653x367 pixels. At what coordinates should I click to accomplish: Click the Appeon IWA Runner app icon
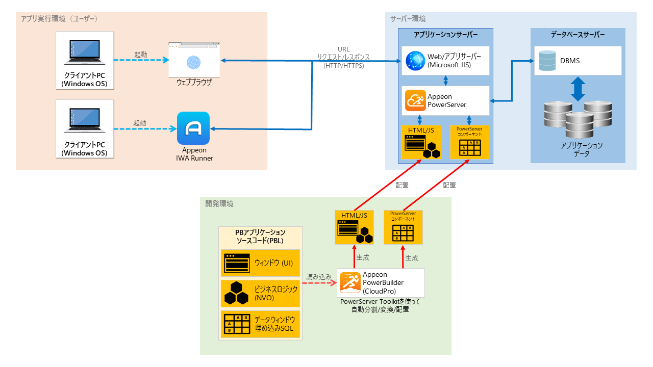tap(193, 128)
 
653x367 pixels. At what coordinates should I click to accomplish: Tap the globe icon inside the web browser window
tap(194, 62)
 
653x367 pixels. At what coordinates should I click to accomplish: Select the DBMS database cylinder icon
tap(546, 61)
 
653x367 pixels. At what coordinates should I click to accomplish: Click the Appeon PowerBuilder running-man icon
tap(350, 282)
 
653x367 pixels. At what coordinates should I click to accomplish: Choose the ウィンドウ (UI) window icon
tap(236, 263)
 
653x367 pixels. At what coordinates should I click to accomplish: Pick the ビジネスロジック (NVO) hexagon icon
tap(236, 293)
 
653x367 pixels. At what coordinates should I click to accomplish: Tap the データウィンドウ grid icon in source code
tap(236, 323)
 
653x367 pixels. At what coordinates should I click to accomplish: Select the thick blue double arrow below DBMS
tap(577, 89)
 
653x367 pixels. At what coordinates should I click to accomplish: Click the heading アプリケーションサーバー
tap(446, 35)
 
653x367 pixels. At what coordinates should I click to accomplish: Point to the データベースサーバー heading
tap(577, 35)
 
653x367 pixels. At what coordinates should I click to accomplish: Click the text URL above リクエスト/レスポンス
tap(344, 49)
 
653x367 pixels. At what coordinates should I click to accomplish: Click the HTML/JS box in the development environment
tap(355, 227)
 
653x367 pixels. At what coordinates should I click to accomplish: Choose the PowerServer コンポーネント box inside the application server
tap(469, 142)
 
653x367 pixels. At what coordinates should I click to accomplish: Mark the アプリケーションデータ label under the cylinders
tap(582, 149)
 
